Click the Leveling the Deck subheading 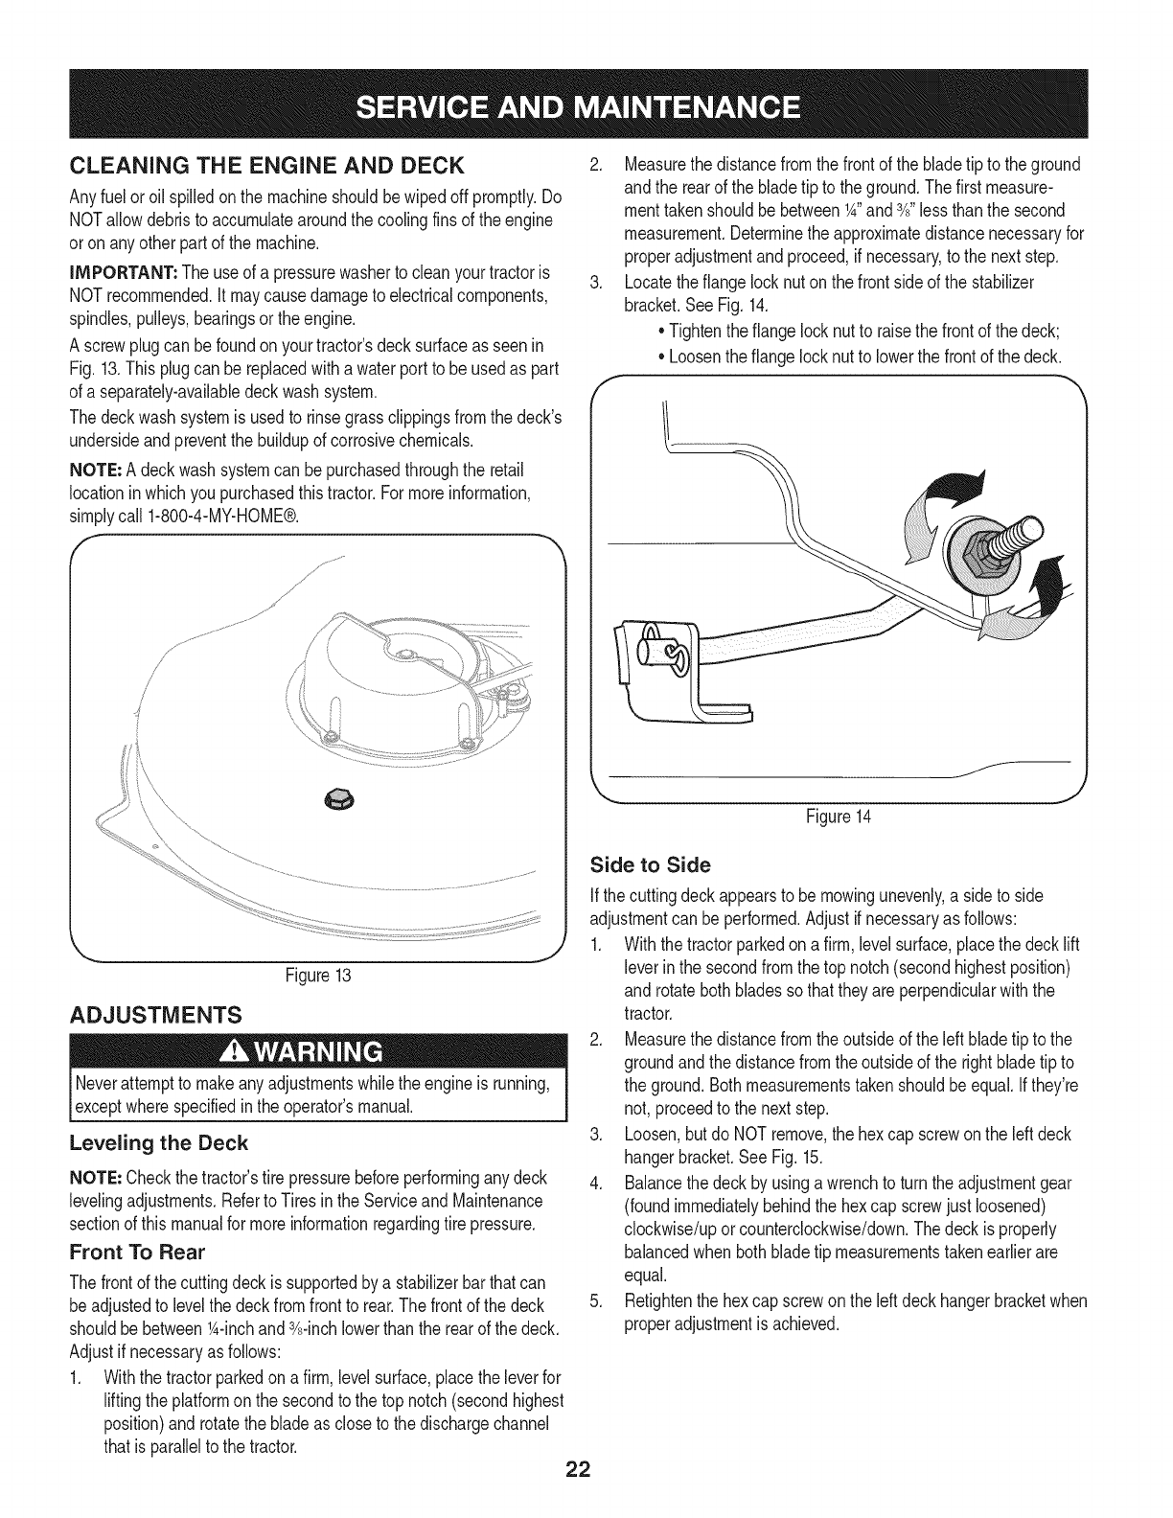[159, 1143]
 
